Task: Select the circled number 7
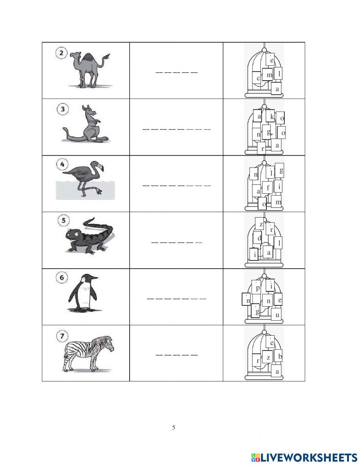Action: click(62, 336)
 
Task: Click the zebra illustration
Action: click(88, 352)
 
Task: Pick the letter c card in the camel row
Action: click(258, 78)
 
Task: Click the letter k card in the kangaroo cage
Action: click(272, 117)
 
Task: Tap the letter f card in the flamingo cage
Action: click(268, 188)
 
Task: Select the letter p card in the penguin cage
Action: click(257, 288)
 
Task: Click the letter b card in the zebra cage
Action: click(280, 356)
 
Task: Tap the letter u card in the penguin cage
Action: click(276, 315)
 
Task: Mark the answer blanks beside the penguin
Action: click(176, 299)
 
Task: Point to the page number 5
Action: click(174, 428)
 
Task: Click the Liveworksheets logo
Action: click(304, 457)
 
